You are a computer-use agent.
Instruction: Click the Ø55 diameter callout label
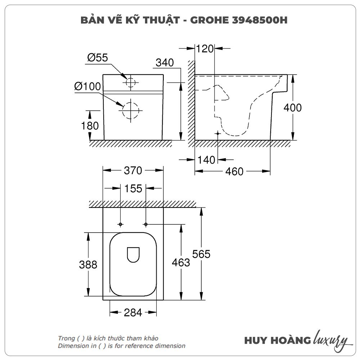pyautogui.click(x=98, y=57)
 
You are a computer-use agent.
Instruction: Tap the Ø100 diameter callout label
pyautogui.click(x=87, y=86)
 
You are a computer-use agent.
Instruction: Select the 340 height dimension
pyautogui.click(x=165, y=62)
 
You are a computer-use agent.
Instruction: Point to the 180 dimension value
pyautogui.click(x=90, y=126)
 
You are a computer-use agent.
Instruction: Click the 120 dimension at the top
pyautogui.click(x=205, y=49)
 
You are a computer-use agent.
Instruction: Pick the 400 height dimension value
pyautogui.click(x=292, y=107)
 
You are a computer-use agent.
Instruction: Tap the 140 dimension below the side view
pyautogui.click(x=206, y=160)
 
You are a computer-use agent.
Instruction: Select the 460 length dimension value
pyautogui.click(x=234, y=171)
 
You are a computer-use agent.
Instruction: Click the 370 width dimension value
pyautogui.click(x=133, y=170)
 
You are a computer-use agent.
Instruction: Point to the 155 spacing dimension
pyautogui.click(x=133, y=189)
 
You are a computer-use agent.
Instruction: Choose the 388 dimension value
pyautogui.click(x=88, y=265)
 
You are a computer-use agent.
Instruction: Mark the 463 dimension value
pyautogui.click(x=181, y=262)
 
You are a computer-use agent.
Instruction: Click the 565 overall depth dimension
pyautogui.click(x=201, y=254)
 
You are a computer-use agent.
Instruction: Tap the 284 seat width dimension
pyautogui.click(x=133, y=312)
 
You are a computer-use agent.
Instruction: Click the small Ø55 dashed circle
pyautogui.click(x=131, y=78)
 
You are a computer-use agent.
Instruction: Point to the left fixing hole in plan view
pyautogui.click(x=121, y=224)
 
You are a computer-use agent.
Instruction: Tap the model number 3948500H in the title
pyautogui.click(x=260, y=20)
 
